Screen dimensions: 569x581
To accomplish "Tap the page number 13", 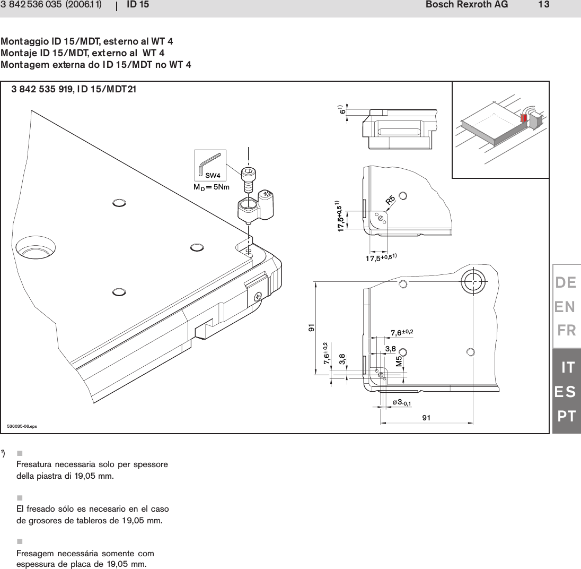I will pyautogui.click(x=543, y=5).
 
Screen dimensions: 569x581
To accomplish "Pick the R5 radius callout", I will pyautogui.click(x=390, y=200).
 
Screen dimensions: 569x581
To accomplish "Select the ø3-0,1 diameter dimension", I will pyautogui.click(x=402, y=403).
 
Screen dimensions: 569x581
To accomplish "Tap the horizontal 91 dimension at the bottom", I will pyautogui.click(x=426, y=418).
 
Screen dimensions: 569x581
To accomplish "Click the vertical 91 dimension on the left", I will pyautogui.click(x=311, y=327).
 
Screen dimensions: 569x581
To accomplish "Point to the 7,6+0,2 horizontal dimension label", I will pyautogui.click(x=401, y=333).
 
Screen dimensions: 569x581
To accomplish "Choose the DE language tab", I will pyautogui.click(x=566, y=283).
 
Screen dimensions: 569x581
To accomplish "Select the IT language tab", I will pyautogui.click(x=568, y=367).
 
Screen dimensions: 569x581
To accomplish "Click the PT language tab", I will pyautogui.click(x=566, y=416).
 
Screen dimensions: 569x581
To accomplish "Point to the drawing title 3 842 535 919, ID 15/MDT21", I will pyautogui.click(x=74, y=89).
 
